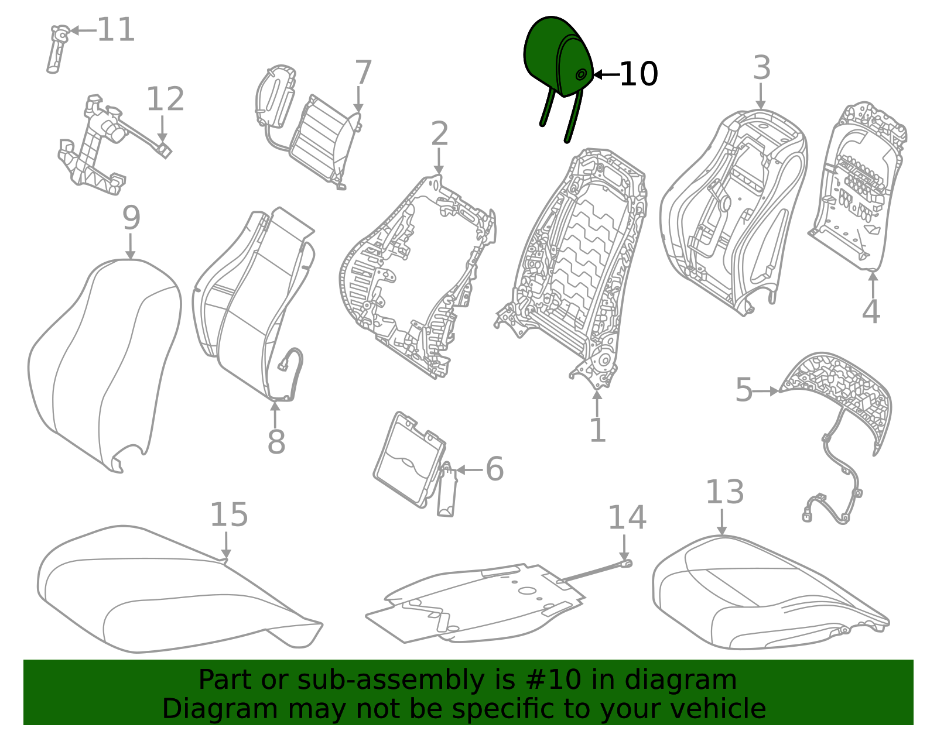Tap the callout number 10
click(x=638, y=75)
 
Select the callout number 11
click(x=116, y=30)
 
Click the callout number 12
click(x=165, y=99)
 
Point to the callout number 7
click(x=363, y=73)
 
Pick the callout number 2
click(x=439, y=135)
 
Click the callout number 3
click(x=761, y=68)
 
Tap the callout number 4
click(x=871, y=312)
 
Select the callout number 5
click(x=744, y=390)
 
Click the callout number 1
click(x=597, y=431)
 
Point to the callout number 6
click(x=495, y=469)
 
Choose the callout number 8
click(x=276, y=442)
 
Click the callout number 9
click(x=131, y=218)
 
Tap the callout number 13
click(x=724, y=492)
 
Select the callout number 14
click(x=627, y=518)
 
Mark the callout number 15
click(x=228, y=515)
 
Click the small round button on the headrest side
click(x=581, y=74)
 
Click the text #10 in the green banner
click(x=553, y=680)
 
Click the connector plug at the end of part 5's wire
click(x=808, y=515)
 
